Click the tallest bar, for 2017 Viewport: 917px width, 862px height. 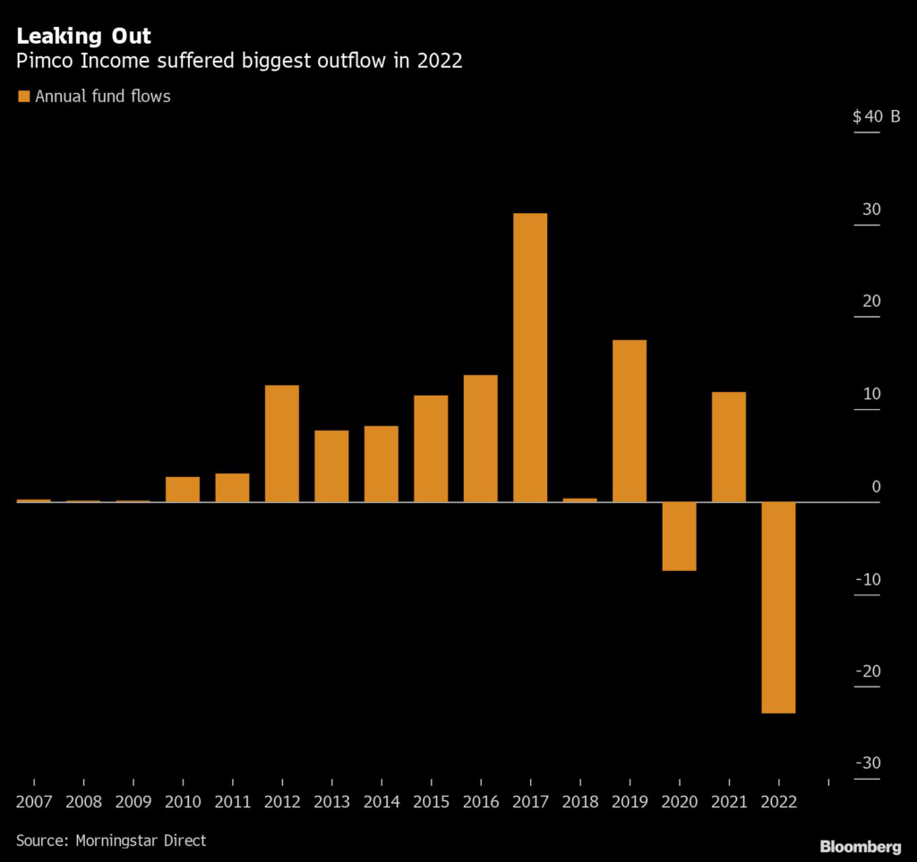coord(530,357)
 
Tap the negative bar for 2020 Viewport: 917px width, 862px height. coord(679,536)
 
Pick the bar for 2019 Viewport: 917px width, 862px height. coord(630,421)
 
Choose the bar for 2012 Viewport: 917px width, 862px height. coord(282,443)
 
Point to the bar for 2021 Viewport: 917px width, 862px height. coord(729,447)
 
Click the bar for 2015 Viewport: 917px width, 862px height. coord(431,448)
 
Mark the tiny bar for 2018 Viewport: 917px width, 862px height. coord(579,499)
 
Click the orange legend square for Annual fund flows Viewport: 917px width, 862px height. coord(23,96)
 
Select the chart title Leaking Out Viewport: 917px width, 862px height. coord(84,37)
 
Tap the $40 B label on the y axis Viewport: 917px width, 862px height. coord(876,116)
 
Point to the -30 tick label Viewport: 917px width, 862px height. coord(868,763)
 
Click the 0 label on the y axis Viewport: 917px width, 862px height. coord(876,486)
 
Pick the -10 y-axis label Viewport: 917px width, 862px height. coord(868,579)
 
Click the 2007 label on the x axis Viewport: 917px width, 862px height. coord(33,802)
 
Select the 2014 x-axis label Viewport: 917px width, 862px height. coord(381,802)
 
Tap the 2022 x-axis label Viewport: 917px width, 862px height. coord(778,802)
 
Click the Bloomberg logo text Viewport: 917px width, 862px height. coord(860,846)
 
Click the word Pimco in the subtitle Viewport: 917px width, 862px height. coord(40,64)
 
